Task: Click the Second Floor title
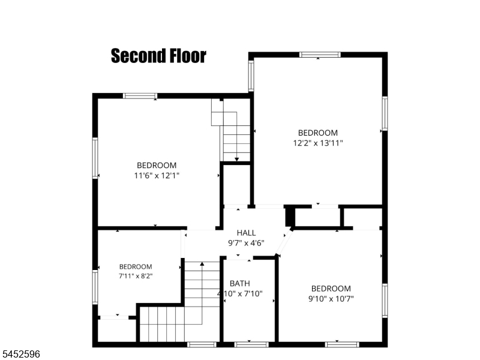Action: pos(158,56)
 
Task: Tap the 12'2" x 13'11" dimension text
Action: pos(318,143)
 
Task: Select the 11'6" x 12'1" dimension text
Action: pos(157,176)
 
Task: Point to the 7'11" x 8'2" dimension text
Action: pos(136,276)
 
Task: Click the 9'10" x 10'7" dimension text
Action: pos(331,299)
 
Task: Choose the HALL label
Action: pos(246,233)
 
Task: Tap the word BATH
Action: pos(239,283)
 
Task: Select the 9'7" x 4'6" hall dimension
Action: pos(246,243)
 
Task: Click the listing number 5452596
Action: pos(20,354)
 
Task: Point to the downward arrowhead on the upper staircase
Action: pos(236,159)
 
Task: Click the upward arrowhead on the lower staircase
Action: pos(202,264)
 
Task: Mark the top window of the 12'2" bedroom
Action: pos(320,55)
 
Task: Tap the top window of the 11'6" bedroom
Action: pos(140,96)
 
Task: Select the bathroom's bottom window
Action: pos(251,344)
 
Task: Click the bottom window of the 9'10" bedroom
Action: pos(342,344)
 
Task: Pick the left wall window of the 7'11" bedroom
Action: pos(95,287)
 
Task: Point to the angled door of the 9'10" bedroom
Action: pos(284,242)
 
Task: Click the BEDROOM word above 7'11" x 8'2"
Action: pos(136,266)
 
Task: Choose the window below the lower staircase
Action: pos(202,344)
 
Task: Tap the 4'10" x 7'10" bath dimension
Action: pos(240,294)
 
